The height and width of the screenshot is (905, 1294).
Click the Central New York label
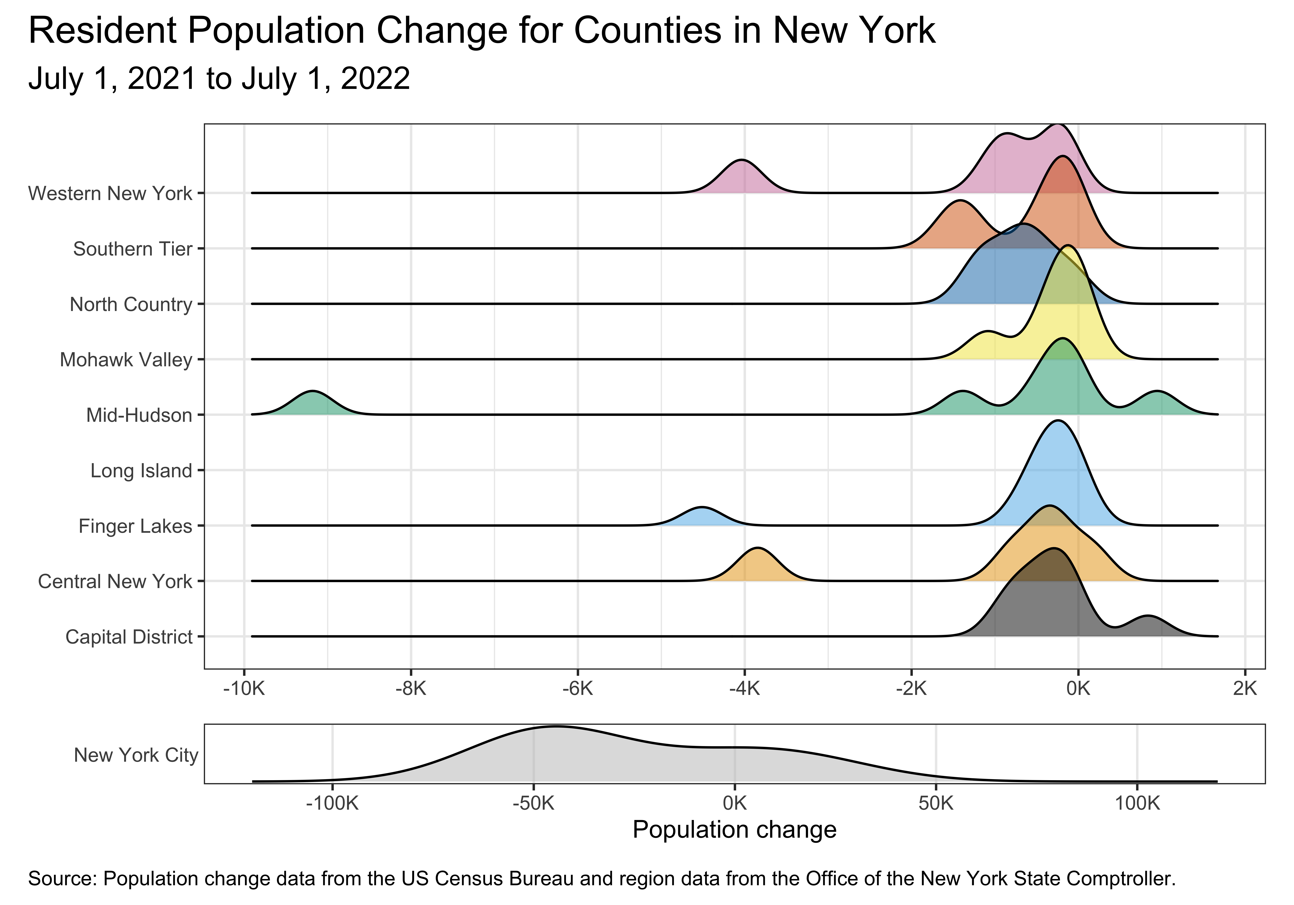(x=115, y=581)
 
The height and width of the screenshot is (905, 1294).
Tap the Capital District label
(x=129, y=637)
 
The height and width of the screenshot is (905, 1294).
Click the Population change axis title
(x=734, y=830)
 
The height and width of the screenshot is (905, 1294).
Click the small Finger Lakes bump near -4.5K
(x=702, y=517)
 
